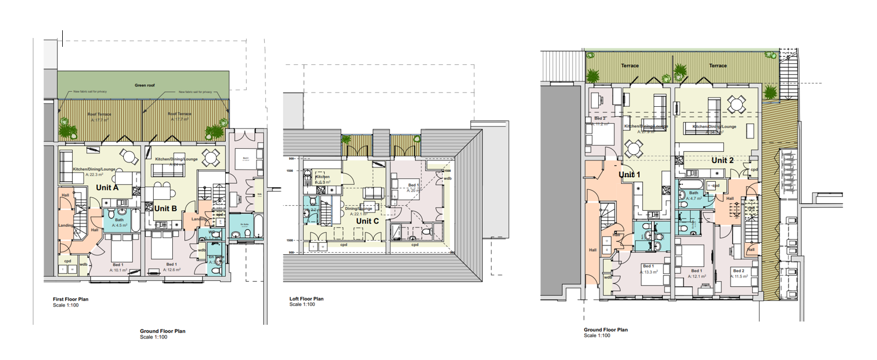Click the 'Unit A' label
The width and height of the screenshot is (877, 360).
click(x=107, y=188)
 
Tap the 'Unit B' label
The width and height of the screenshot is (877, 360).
click(x=165, y=209)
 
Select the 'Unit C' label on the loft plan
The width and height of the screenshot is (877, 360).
click(x=367, y=221)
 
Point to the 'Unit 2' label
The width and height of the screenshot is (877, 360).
click(x=722, y=160)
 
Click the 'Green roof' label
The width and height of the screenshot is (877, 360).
click(x=145, y=85)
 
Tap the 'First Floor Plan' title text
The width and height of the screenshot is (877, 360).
click(x=70, y=299)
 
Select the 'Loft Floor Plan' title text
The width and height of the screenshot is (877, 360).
click(x=306, y=299)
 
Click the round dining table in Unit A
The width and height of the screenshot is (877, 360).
click(x=130, y=157)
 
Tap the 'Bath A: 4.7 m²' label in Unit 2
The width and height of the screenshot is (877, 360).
click(x=693, y=195)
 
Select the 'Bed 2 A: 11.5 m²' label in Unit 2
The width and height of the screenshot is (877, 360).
click(x=739, y=274)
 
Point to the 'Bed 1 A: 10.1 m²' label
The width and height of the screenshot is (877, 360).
click(x=118, y=268)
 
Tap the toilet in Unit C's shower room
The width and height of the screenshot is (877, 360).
click(x=313, y=201)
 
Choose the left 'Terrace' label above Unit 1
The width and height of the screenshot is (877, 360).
click(x=630, y=66)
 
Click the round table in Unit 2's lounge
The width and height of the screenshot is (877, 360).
click(x=736, y=103)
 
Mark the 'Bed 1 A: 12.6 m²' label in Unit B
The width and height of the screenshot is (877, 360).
click(x=172, y=267)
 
